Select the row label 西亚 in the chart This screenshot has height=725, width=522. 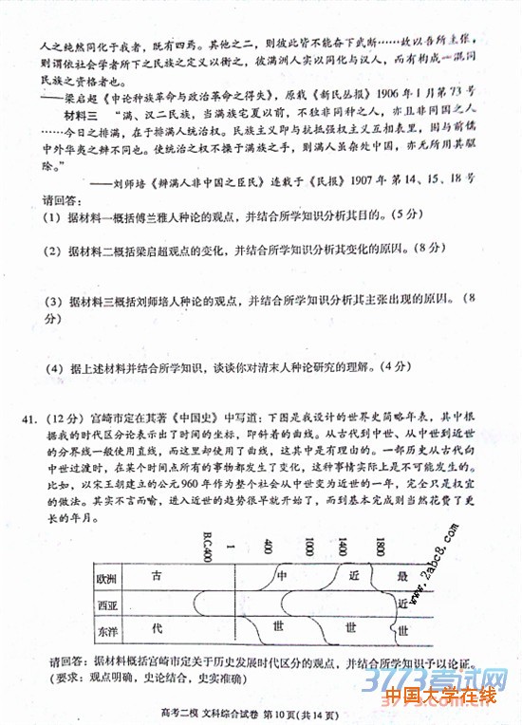point(105,604)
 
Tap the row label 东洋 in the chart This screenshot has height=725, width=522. point(105,629)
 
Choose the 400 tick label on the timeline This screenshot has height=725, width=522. point(270,548)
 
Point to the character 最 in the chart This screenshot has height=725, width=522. point(402,577)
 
